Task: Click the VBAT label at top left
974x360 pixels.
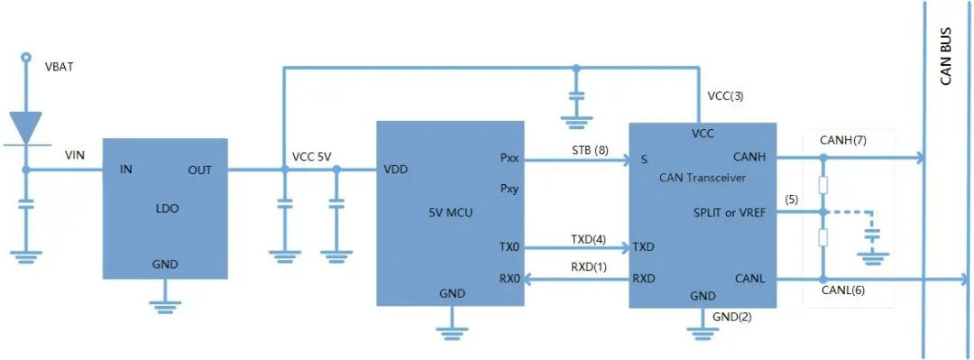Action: (60, 68)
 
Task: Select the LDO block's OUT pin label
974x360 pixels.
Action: (199, 170)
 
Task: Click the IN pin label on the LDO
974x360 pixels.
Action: (126, 170)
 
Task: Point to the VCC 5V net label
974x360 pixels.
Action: (312, 156)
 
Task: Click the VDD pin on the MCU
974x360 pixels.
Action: (395, 170)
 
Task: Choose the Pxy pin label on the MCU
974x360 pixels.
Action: (510, 189)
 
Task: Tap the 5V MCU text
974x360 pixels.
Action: (450, 213)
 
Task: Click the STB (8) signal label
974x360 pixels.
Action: (591, 150)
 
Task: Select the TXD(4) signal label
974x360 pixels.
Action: (588, 240)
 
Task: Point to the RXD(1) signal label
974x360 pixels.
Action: (588, 266)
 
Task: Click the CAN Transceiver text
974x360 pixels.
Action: (703, 178)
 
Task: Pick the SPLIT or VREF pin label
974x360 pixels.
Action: (728, 212)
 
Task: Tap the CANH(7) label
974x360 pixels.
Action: (843, 141)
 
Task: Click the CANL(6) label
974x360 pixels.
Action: (843, 291)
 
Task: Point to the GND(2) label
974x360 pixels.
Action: (731, 316)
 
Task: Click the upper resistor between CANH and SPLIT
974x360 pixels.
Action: (822, 185)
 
